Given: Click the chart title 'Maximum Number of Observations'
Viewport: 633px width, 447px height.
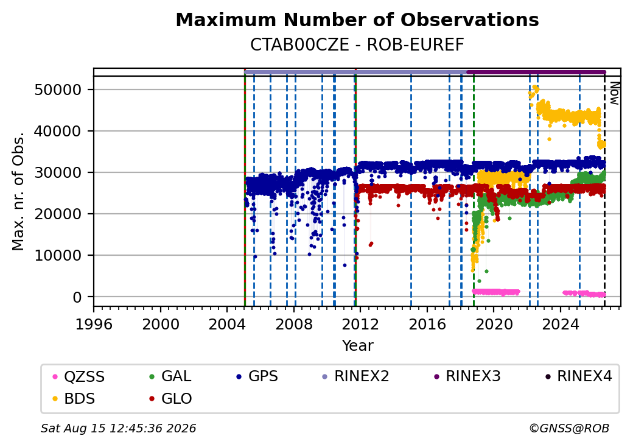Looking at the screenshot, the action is tap(357, 19).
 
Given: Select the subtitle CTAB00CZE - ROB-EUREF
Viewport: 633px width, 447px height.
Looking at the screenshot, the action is tap(357, 45).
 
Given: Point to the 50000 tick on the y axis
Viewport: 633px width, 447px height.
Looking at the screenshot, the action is tap(58, 90).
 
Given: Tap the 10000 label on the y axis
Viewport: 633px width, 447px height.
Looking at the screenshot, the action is tap(58, 256).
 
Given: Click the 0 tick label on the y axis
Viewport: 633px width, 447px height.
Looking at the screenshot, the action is tap(77, 297).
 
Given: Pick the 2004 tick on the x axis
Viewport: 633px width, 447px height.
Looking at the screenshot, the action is tap(227, 324).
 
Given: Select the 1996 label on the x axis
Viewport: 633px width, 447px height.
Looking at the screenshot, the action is tap(94, 324).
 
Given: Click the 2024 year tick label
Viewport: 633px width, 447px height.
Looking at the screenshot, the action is tap(561, 324).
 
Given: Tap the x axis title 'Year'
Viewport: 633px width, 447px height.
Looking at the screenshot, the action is tap(358, 346).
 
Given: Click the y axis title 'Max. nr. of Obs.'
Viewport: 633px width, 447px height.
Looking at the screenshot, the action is tap(18, 191).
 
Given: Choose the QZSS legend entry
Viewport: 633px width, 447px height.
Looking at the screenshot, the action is tap(79, 377).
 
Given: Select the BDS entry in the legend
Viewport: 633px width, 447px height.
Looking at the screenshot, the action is tap(74, 399).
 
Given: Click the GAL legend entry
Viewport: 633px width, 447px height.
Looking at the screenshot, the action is tap(170, 376).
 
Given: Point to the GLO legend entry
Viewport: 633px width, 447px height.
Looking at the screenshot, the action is tap(170, 399).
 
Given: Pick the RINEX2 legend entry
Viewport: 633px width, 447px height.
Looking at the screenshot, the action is tap(355, 376).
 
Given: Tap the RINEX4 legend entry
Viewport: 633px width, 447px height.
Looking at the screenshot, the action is tap(578, 376).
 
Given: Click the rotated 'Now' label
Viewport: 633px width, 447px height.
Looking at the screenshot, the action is tap(614, 93).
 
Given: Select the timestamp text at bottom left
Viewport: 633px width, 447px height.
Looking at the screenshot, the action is tap(119, 428).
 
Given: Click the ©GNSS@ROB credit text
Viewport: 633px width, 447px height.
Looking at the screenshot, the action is tap(569, 428).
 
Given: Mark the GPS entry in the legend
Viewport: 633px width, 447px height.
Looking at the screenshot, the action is tap(257, 376).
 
